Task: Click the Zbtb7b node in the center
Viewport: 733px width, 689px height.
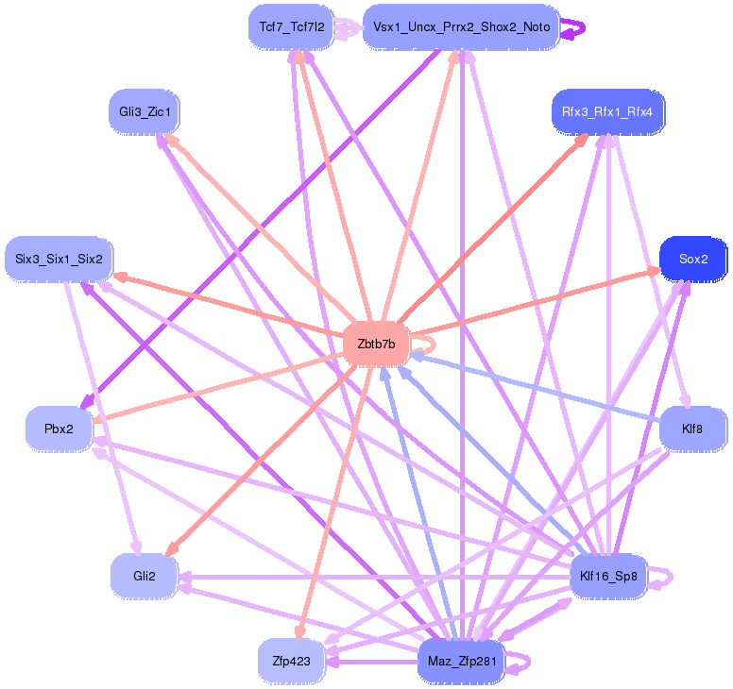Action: coord(376,344)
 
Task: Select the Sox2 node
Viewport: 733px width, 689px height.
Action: coord(692,259)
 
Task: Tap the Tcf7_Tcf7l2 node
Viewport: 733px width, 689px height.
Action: coord(291,26)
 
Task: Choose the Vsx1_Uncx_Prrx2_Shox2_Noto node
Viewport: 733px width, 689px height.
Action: coord(461,26)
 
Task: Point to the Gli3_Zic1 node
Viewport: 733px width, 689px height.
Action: coord(145,112)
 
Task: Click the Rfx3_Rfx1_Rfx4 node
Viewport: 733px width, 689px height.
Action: coord(606,111)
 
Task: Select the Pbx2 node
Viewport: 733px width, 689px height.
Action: coord(59,429)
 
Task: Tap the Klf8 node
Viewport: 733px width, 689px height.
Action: coord(691,429)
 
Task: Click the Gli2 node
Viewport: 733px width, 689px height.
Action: coord(144,575)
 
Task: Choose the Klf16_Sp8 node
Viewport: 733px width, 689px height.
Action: coord(607,575)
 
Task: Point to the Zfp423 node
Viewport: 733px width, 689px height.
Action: coord(291,661)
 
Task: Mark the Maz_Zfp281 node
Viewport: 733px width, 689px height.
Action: coord(461,661)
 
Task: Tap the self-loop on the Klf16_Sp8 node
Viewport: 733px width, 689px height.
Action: coord(665,576)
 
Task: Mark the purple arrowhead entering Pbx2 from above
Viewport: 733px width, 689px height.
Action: coord(87,404)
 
